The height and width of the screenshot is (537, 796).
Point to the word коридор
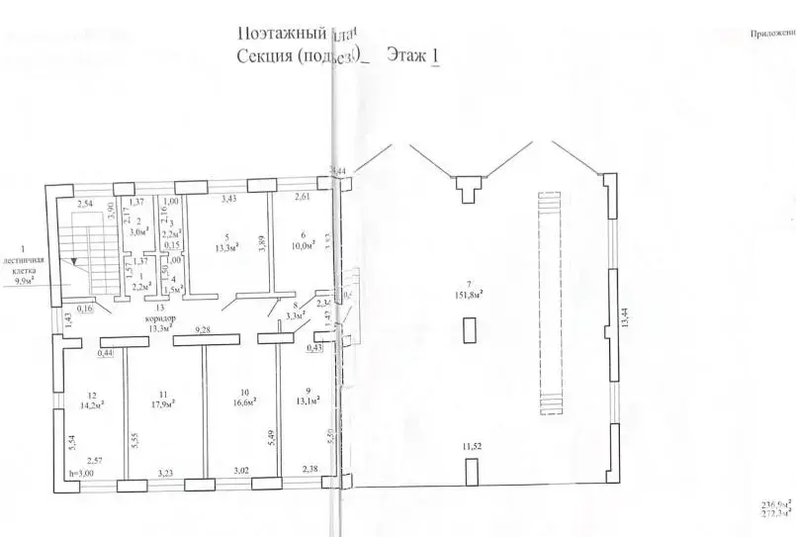(160, 319)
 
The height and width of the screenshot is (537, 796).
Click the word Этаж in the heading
(405, 56)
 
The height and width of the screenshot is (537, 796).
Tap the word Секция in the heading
(266, 56)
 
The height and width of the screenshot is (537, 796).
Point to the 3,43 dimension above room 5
(228, 199)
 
